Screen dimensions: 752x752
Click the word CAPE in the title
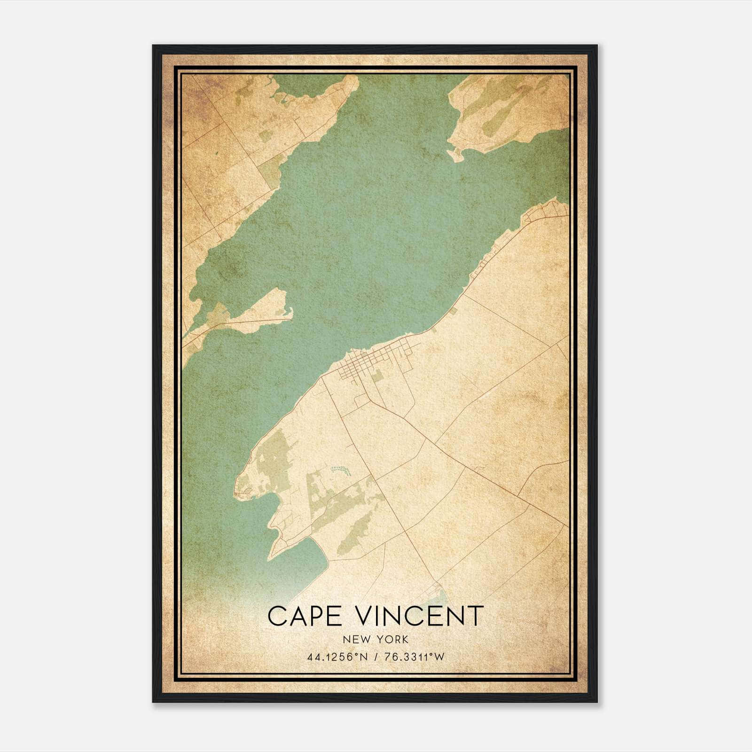pyautogui.click(x=298, y=616)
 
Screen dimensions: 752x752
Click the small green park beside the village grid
pyautogui.click(x=376, y=376)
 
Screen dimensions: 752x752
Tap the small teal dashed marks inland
pyautogui.click(x=340, y=469)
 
